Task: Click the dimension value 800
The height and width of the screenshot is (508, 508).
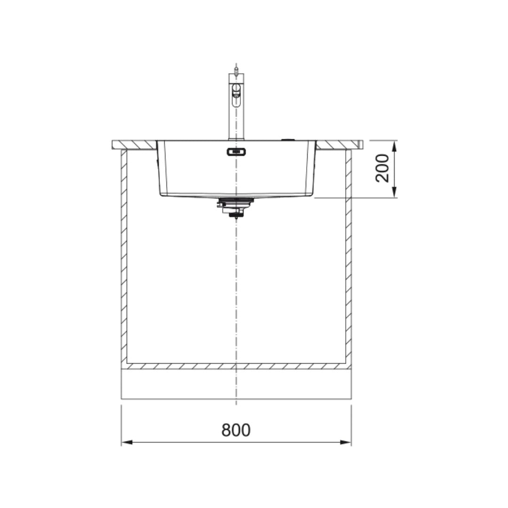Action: coord(236,430)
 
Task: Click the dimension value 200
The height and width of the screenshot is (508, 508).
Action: coord(382,168)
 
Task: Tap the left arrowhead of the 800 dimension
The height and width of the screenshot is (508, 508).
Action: coord(126,442)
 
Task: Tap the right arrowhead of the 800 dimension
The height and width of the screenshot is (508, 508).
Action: coord(347,442)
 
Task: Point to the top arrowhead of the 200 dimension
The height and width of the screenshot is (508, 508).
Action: coord(395,144)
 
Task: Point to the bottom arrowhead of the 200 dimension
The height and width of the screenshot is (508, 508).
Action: coord(395,193)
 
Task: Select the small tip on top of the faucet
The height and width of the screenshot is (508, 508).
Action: coord(236,70)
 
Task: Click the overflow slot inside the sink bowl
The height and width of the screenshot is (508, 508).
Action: coord(236,151)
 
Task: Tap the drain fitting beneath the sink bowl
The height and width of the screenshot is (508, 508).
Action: coord(236,206)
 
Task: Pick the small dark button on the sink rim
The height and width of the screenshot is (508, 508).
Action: coord(287,139)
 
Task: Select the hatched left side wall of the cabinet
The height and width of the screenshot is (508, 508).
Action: coord(124,259)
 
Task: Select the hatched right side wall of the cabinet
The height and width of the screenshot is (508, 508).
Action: coord(349,259)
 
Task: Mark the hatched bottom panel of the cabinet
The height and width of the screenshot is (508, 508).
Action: coord(236,366)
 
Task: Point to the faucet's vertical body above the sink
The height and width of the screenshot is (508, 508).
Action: coord(236,122)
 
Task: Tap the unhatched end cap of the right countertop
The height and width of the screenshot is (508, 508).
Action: coord(360,144)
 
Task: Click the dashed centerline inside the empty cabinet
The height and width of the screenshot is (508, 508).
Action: coord(236,292)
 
